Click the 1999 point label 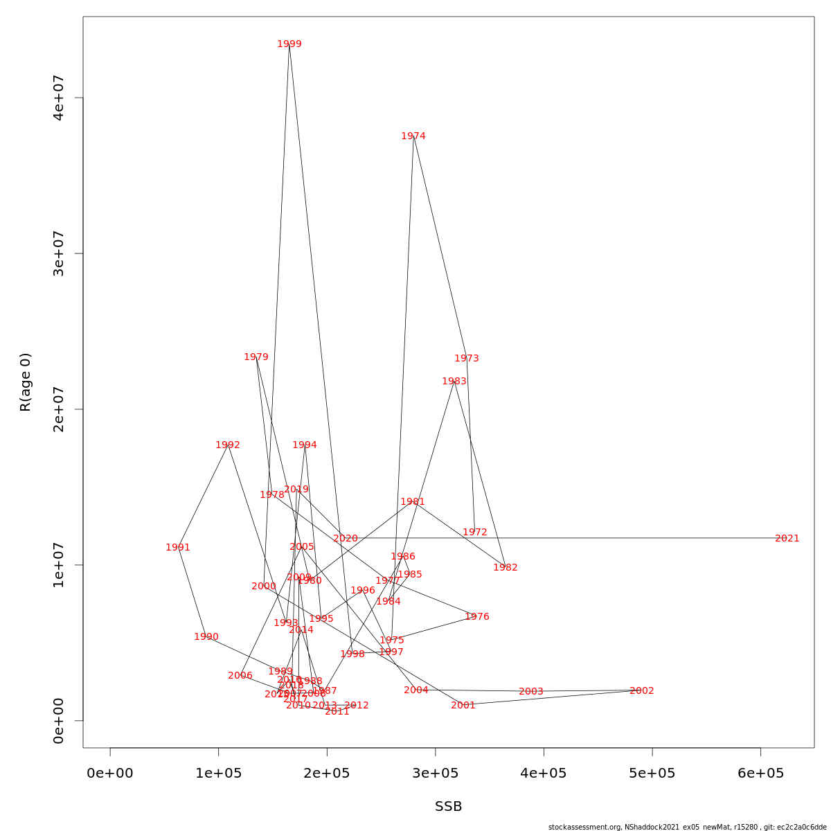tap(289, 44)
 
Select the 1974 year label tap(413, 136)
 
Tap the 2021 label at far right tap(787, 539)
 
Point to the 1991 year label tap(178, 548)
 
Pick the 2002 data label tap(642, 691)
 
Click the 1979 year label tap(256, 357)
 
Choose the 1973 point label tap(467, 359)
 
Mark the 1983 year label tap(454, 382)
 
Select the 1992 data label tap(228, 445)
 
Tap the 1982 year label tap(506, 568)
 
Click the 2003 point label tap(531, 692)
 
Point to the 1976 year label tap(477, 617)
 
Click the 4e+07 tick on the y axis tap(59, 98)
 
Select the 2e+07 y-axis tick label tap(59, 409)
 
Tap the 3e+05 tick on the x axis tap(436, 773)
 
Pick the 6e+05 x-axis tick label tap(760, 773)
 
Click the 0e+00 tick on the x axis tap(110, 773)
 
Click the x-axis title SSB tap(449, 807)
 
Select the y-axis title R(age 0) tap(26, 382)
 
